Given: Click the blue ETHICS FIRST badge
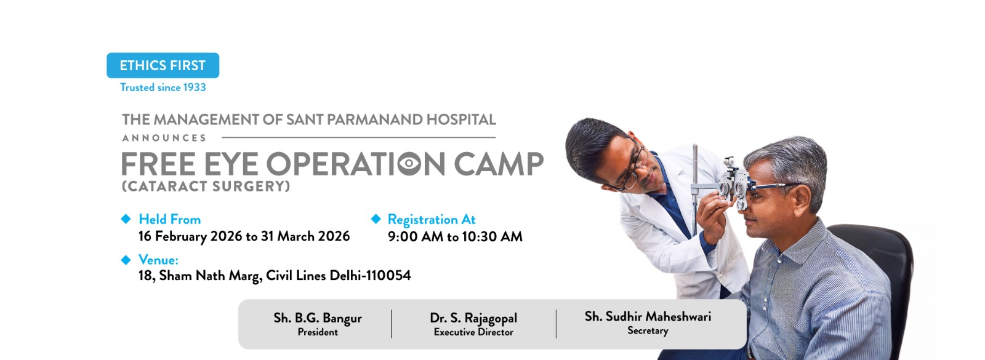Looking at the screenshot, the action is coord(163,65).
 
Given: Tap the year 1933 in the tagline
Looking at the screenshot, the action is coord(195,87).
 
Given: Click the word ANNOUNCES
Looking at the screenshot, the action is coord(164,138).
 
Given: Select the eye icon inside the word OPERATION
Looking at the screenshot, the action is coord(409,164).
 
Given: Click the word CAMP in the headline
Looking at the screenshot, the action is coord(499,164).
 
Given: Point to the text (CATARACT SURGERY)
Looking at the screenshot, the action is coord(206,186).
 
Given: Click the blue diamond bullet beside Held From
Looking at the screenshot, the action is coord(126,219).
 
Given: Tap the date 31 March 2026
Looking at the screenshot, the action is coord(305,236).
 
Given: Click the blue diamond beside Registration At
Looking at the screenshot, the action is coord(376,219).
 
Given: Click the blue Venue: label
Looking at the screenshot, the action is coord(158,260).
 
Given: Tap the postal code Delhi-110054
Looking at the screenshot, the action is coord(370,276).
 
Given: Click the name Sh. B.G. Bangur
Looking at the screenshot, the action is coord(318,318).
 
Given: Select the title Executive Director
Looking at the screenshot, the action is coord(473,332).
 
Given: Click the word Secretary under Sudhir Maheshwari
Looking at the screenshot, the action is coord(648,330).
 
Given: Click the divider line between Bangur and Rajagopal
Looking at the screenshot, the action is coord(391,324).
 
